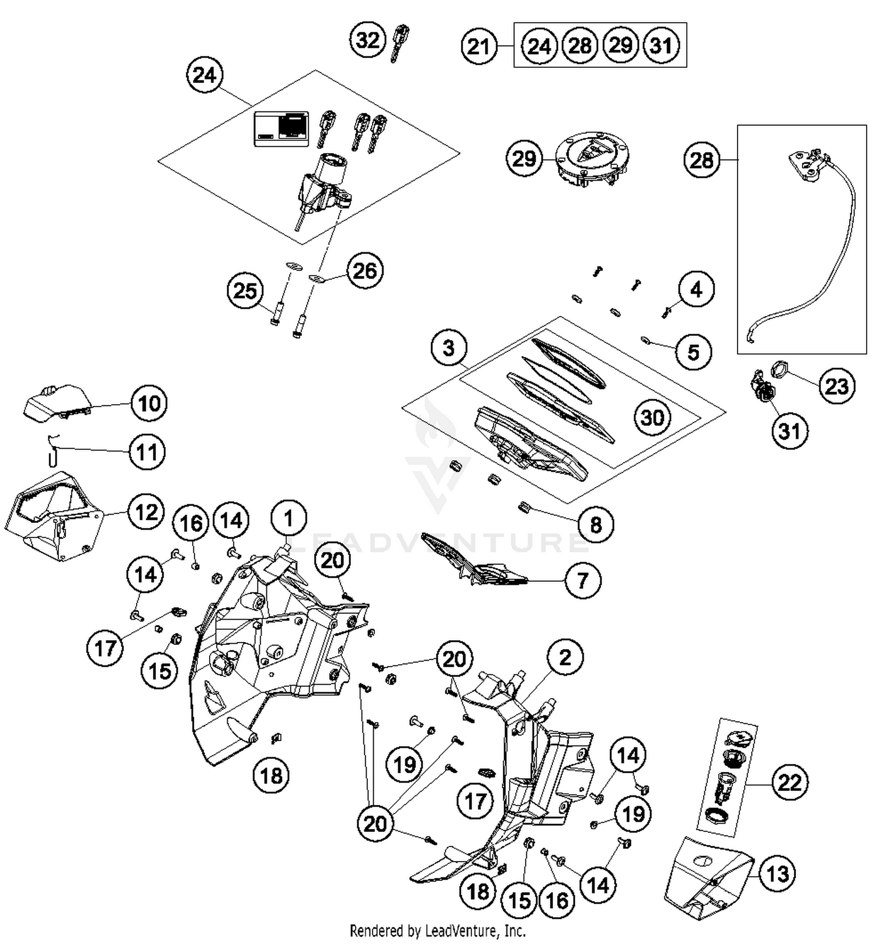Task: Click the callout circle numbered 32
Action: coord(368,40)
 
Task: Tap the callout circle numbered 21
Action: coord(479,46)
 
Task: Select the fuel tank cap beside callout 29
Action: coord(591,159)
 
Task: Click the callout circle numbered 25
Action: coord(245,290)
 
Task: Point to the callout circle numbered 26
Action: coord(365,271)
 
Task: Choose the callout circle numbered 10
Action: coord(149,403)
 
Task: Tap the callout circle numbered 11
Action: coord(147,452)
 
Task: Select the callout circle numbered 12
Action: coord(146,512)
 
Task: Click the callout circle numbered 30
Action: coord(652,417)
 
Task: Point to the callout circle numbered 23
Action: coord(836,386)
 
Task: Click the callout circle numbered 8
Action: coord(595,524)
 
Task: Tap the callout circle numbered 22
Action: coord(790,782)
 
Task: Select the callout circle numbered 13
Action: coord(777,874)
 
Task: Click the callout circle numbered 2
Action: coord(565,658)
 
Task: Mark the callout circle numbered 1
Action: coord(288,518)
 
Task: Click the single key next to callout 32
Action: coord(399,42)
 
